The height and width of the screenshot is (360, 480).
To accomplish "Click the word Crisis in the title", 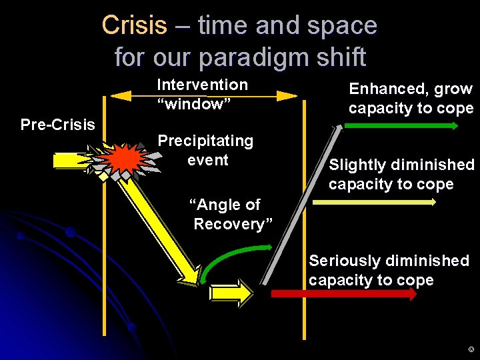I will [x=134, y=25].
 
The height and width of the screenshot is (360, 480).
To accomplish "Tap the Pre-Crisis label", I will [x=58, y=125].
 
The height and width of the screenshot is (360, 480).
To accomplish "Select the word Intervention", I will [x=202, y=85].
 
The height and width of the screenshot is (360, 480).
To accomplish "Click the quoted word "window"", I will [x=193, y=104].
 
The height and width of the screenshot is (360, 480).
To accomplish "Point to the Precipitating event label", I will [x=205, y=150].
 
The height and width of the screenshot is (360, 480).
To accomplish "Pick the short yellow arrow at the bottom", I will [x=231, y=293].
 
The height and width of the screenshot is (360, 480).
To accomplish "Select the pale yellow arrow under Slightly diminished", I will [x=373, y=200].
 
